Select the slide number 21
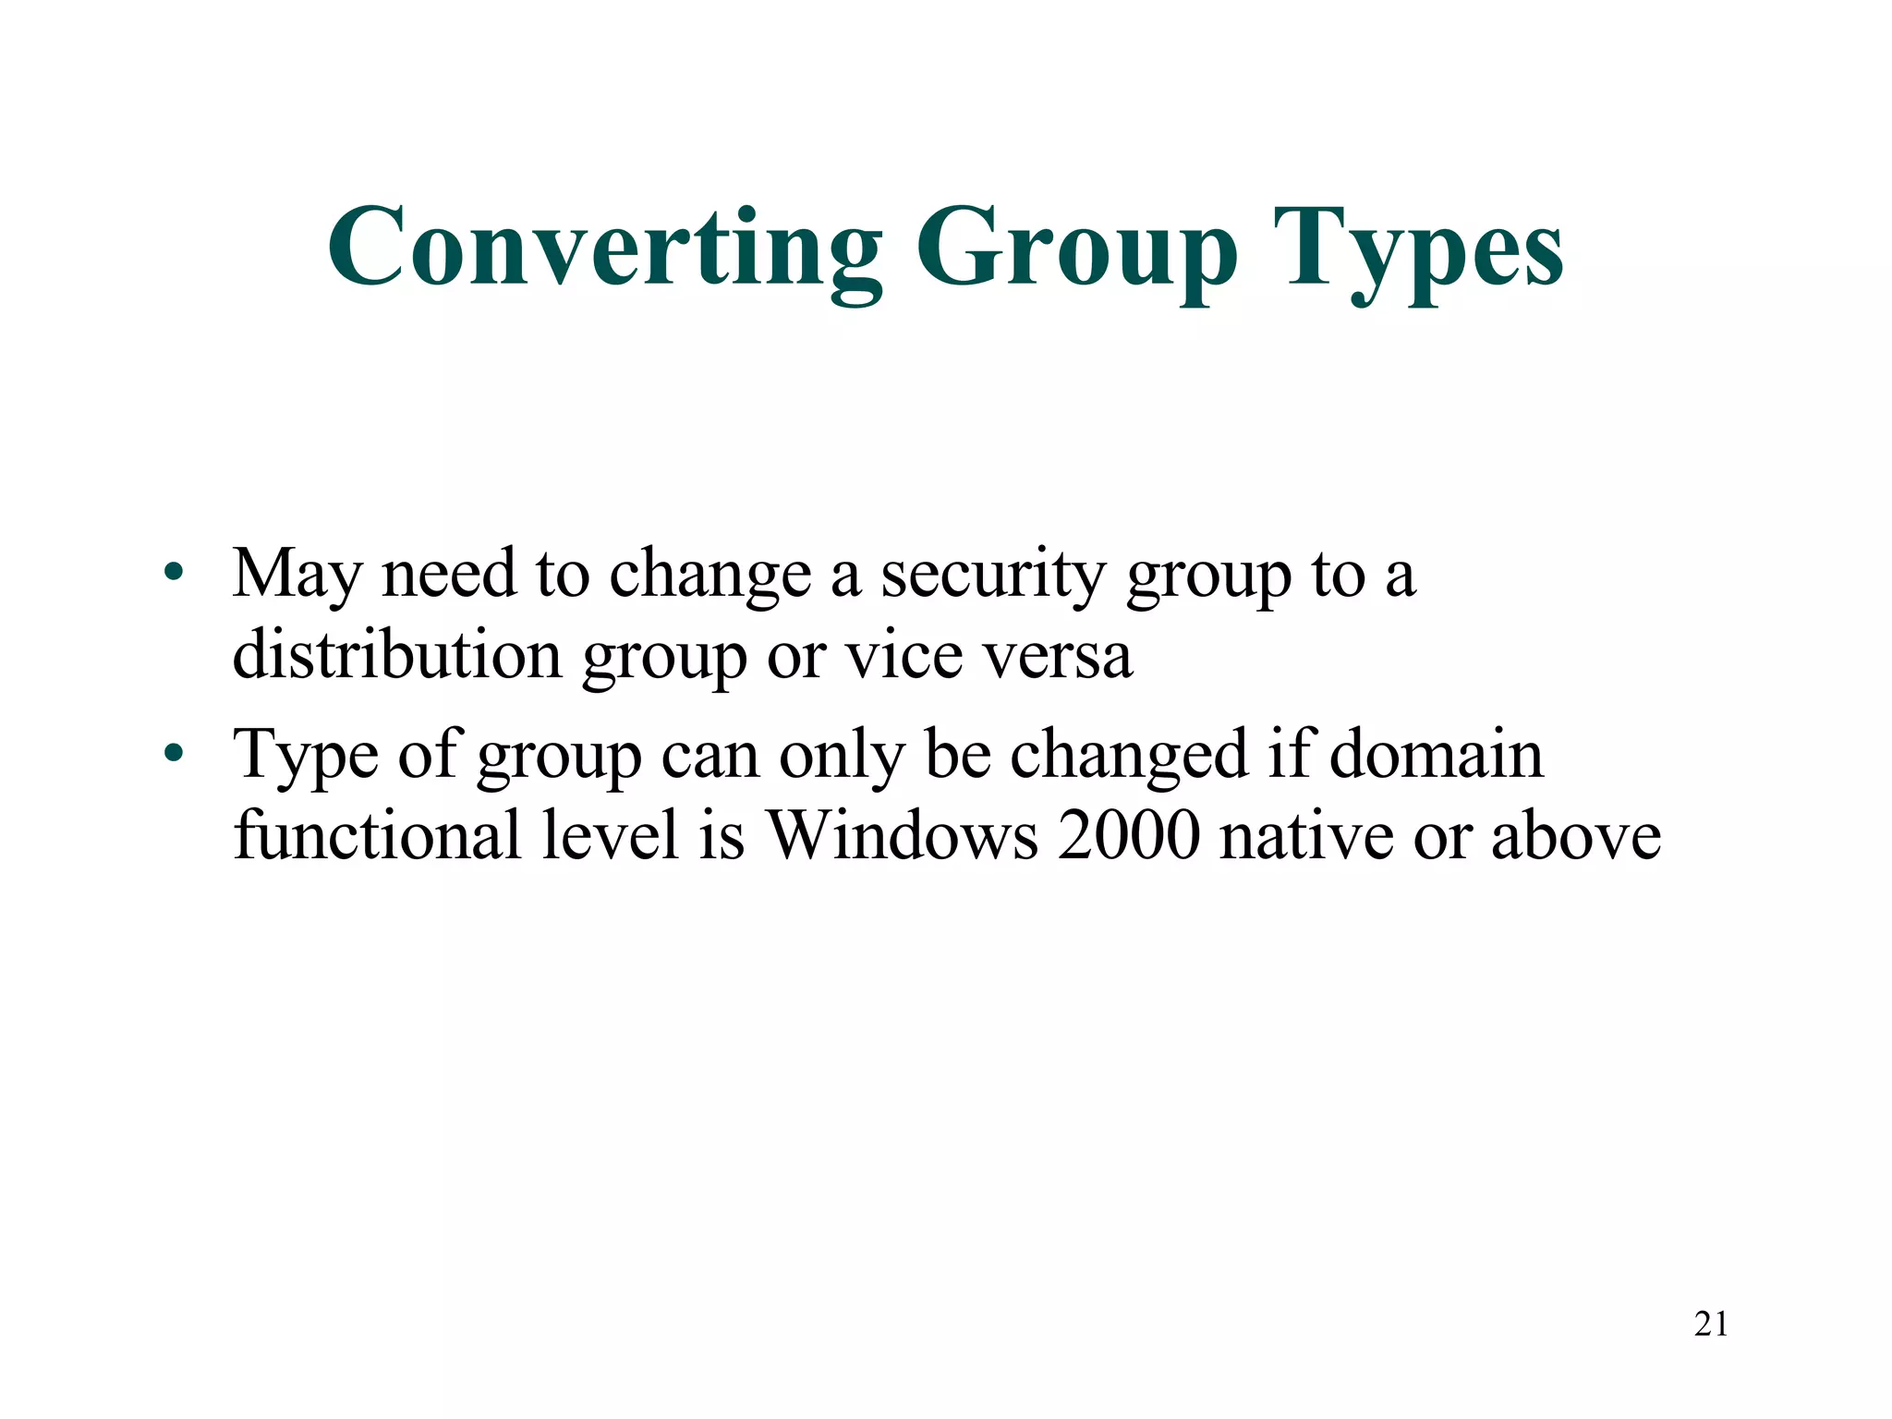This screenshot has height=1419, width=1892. pyautogui.click(x=1711, y=1324)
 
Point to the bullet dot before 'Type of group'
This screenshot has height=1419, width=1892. pyautogui.click(x=173, y=754)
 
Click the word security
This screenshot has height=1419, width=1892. pyautogui.click(x=992, y=575)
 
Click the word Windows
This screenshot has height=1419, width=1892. pyautogui.click(x=903, y=835)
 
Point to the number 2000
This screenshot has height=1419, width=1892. pyautogui.click(x=1128, y=835)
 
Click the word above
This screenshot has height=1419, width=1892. pyautogui.click(x=1576, y=835)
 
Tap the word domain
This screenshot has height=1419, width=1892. pyautogui.click(x=1437, y=754)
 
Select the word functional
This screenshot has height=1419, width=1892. pyautogui.click(x=377, y=835)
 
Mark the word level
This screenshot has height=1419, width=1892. pyautogui.click(x=611, y=835)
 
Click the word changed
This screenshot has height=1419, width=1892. pyautogui.click(x=1129, y=756)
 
